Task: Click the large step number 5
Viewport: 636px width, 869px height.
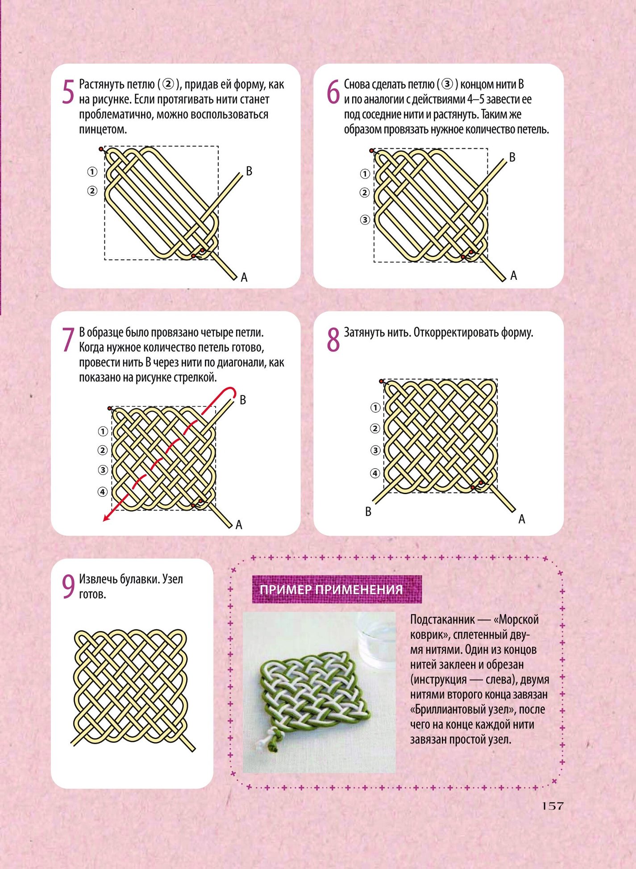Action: click(68, 92)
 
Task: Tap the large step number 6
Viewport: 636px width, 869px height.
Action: click(333, 92)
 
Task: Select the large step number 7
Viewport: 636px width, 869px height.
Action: click(68, 340)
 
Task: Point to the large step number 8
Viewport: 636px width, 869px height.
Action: click(333, 340)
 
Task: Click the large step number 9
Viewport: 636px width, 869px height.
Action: click(68, 587)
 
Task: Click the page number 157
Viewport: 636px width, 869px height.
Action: click(553, 806)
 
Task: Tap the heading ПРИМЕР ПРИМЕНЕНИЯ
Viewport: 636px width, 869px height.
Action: click(331, 590)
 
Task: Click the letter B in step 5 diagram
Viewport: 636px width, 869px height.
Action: click(249, 171)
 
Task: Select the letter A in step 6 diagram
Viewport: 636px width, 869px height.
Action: click(514, 276)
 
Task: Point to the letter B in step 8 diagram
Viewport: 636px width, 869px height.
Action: click(368, 512)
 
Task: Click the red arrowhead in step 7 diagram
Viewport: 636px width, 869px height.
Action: click(106, 518)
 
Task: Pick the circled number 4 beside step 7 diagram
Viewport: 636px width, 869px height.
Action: click(103, 492)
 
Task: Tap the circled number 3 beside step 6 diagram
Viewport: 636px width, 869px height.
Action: click(365, 220)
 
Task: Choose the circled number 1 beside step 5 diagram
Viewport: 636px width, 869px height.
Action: click(92, 172)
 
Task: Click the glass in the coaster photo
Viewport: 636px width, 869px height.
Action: click(376, 638)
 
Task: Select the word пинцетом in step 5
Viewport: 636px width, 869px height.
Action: click(103, 130)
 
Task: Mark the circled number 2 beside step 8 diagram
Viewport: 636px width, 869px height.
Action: click(375, 428)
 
